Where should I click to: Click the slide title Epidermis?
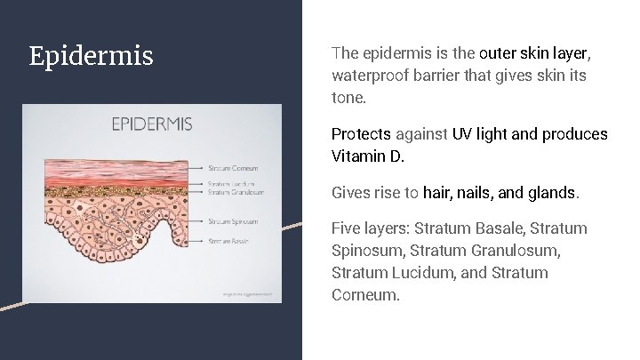point(91,57)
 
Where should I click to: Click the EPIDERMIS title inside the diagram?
point(151,124)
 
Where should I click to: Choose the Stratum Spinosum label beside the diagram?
point(233,221)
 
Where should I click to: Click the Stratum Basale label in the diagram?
point(229,241)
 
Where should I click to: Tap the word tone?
point(348,98)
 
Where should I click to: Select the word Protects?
point(361,134)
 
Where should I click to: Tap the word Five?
point(348,229)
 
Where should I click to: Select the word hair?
point(438,192)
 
